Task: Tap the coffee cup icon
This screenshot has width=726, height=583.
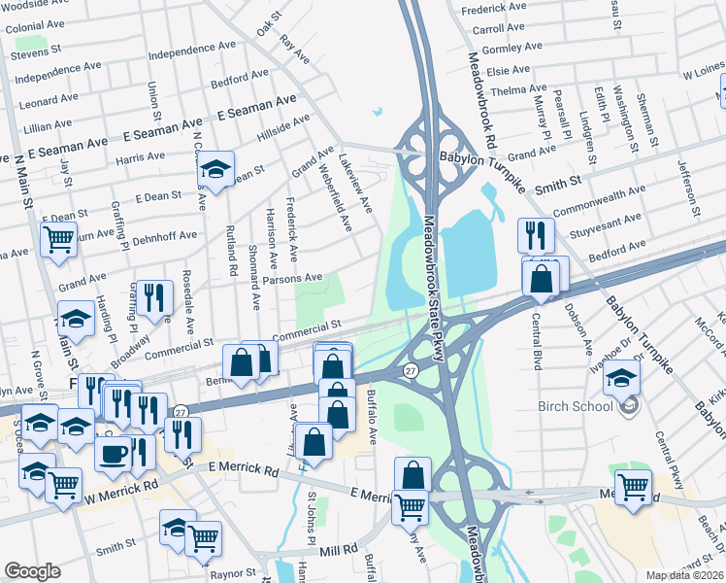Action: pos(114,453)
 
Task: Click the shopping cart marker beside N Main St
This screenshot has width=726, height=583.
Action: pos(59,239)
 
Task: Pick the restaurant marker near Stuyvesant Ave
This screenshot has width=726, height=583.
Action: pos(535,235)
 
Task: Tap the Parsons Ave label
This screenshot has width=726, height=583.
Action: pos(292,279)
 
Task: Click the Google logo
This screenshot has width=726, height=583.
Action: pos(32,571)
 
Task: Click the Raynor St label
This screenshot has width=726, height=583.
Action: pos(232,573)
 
